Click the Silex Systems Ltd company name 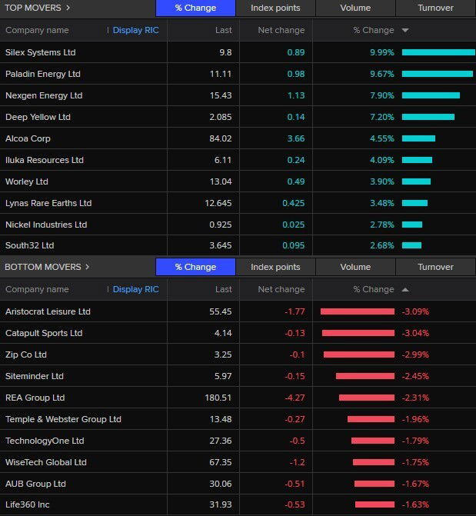40,52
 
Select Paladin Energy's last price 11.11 220,74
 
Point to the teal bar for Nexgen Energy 430,95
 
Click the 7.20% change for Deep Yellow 381,117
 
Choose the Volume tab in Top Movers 355,8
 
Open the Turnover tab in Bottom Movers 435,267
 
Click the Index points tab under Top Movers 275,8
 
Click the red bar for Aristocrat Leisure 357,311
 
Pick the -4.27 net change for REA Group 292,398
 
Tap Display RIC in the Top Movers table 135,30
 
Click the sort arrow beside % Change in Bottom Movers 405,290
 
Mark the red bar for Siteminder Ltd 364,376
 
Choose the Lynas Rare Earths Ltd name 48,203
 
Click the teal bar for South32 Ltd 411,246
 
